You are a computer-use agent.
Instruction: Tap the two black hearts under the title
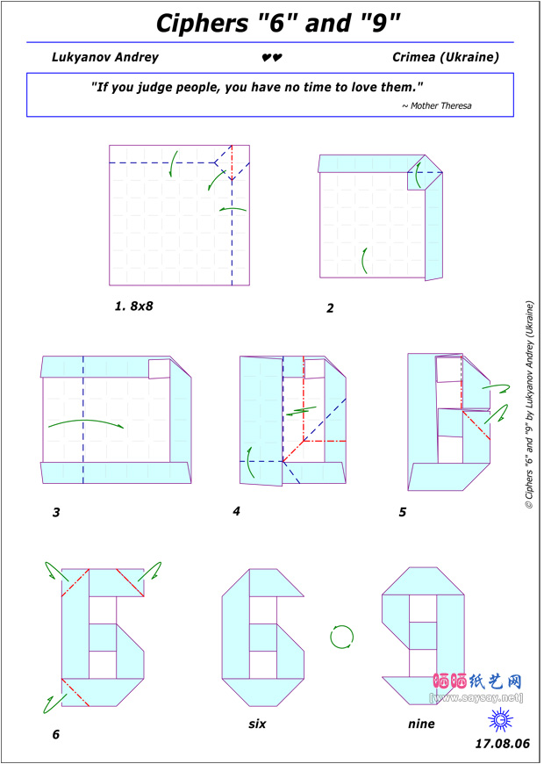272,58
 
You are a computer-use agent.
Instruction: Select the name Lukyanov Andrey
105,57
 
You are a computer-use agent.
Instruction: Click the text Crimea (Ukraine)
446,57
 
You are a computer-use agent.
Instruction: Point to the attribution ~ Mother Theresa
436,105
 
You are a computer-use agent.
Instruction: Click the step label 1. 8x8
134,306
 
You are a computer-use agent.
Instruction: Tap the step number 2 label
330,308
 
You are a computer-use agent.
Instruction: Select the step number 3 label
56,513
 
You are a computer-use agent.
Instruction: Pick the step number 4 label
237,512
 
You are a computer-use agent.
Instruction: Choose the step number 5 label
402,513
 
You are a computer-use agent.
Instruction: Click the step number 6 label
56,734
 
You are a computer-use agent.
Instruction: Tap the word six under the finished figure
257,724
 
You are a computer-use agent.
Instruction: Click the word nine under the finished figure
421,724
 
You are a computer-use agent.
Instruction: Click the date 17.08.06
503,744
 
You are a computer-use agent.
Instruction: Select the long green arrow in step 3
86,422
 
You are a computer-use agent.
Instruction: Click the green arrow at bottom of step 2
364,260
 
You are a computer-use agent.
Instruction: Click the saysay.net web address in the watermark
477,698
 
